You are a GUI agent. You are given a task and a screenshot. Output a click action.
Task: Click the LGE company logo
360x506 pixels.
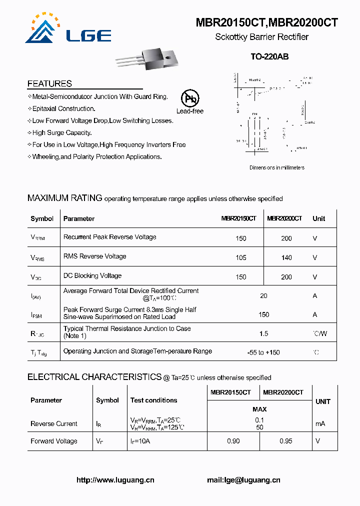pyautogui.click(x=68, y=30)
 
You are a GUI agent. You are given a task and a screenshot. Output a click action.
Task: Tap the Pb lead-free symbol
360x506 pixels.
pyautogui.click(x=189, y=98)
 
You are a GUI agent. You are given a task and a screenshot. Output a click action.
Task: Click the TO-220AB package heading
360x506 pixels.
pyautogui.click(x=269, y=57)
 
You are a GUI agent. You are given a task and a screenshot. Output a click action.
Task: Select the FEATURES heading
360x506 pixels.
pyautogui.click(x=49, y=83)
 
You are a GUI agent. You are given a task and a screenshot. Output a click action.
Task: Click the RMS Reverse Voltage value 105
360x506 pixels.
pyautogui.click(x=241, y=257)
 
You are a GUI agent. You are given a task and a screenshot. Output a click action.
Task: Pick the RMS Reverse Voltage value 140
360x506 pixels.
pyautogui.click(x=286, y=257)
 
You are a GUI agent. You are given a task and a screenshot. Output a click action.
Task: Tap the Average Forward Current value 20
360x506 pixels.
pyautogui.click(x=263, y=295)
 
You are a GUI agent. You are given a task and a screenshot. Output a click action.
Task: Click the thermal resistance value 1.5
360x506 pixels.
pyautogui.click(x=263, y=333)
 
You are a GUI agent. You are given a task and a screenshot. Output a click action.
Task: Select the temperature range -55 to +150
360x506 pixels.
pyautogui.click(x=263, y=352)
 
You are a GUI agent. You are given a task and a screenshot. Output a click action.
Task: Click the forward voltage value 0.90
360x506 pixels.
pyautogui.click(x=233, y=441)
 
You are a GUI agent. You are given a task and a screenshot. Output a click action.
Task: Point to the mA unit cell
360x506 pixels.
pyautogui.click(x=319, y=423)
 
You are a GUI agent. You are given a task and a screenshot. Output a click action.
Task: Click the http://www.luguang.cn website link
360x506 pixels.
pyautogui.click(x=115, y=480)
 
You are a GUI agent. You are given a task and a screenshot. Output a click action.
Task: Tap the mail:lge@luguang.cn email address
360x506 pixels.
pyautogui.click(x=243, y=480)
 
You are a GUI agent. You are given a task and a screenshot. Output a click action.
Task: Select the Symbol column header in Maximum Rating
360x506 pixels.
pyautogui.click(x=42, y=218)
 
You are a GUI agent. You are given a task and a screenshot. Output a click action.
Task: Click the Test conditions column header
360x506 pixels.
pyautogui.click(x=153, y=400)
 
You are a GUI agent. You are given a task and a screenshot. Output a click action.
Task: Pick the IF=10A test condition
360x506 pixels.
pyautogui.click(x=140, y=441)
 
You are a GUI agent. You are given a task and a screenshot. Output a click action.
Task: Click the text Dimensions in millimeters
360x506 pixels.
pyautogui.click(x=277, y=168)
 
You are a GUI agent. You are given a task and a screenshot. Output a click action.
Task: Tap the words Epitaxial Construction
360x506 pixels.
pyautogui.click(x=63, y=108)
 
